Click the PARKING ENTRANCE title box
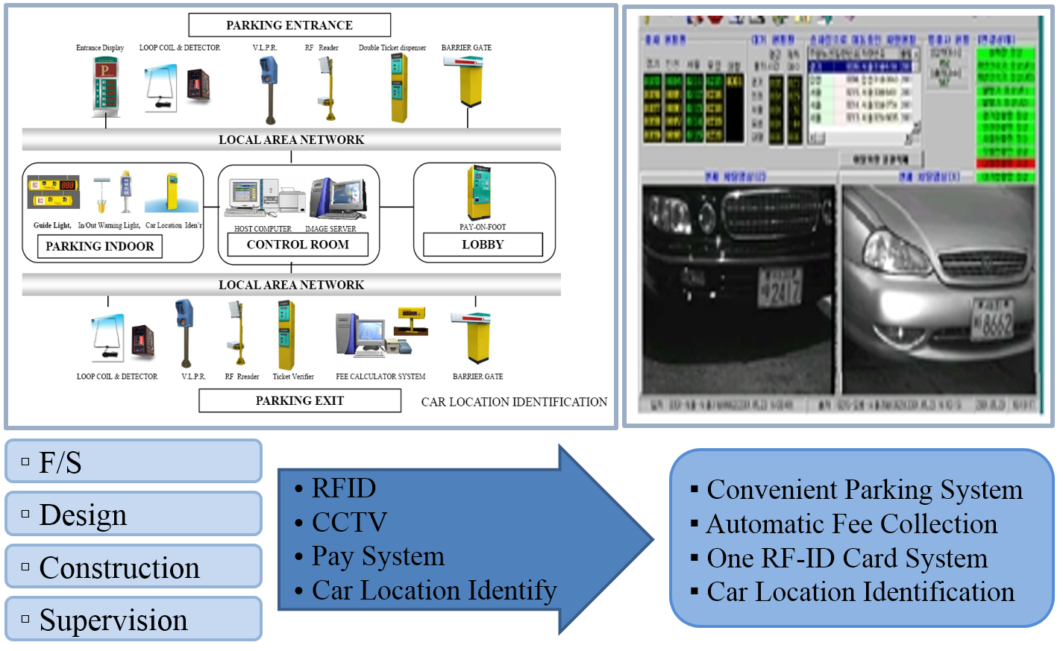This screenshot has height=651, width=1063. (x=289, y=25)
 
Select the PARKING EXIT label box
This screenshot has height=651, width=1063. (x=299, y=400)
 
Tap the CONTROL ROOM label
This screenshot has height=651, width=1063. (x=298, y=245)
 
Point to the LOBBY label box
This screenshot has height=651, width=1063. (x=483, y=245)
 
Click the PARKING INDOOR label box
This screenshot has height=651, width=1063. (x=100, y=246)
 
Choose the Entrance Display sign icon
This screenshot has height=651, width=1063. (x=105, y=87)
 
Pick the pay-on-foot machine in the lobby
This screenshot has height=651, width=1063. (x=479, y=193)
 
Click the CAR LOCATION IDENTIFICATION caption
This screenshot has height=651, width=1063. (x=514, y=402)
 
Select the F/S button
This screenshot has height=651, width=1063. (x=134, y=462)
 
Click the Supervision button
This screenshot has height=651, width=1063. (x=134, y=619)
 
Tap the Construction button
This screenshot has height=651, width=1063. (x=134, y=567)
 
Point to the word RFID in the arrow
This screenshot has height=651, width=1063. (x=344, y=488)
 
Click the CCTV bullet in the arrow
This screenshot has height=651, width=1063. (x=349, y=522)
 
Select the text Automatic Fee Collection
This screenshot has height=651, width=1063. (x=851, y=524)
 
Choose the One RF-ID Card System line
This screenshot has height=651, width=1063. (x=847, y=559)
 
